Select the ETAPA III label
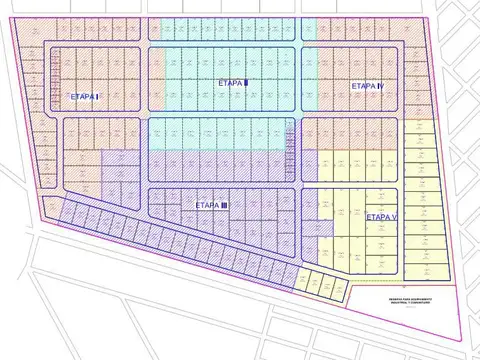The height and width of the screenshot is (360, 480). tap(211, 204)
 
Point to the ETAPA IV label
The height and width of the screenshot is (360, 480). tap(368, 87)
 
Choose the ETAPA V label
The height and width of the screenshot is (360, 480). tap(382, 217)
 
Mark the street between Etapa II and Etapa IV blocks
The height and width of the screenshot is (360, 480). tap(300, 80)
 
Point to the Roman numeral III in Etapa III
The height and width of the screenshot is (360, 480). tap(225, 204)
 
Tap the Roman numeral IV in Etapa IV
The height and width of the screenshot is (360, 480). tap(381, 87)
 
